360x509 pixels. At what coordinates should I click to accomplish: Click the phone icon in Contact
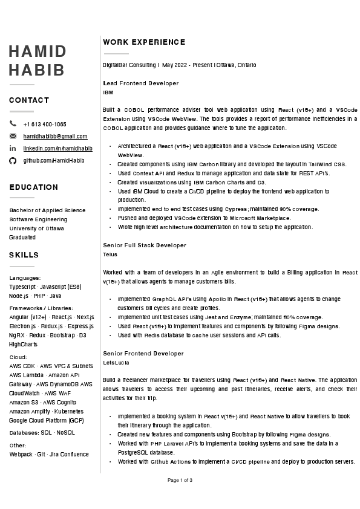pos(13,124)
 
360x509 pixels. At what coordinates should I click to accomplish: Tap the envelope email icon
pos(13,136)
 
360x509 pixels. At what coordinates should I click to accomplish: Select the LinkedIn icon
pos(13,148)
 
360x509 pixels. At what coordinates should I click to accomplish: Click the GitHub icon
pos(13,160)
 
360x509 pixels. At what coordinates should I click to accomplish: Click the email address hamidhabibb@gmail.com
pos(55,136)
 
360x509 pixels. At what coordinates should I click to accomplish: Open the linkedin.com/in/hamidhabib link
pos(57,148)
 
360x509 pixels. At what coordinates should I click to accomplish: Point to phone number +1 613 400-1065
pos(45,124)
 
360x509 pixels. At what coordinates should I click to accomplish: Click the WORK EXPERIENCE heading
pos(144,42)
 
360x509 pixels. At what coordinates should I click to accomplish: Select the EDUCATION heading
pos(34,187)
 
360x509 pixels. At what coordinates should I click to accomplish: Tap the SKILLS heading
pos(24,255)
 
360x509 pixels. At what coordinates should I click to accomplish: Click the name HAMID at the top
pos(38,51)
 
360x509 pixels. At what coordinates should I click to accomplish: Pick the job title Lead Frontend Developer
pos(141,83)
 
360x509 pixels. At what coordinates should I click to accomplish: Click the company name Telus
pos(110,254)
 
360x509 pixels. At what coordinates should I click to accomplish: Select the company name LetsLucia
pos(116,363)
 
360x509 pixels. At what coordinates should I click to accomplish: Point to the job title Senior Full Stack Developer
pos(145,245)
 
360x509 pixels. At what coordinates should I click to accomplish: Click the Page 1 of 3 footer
pos(180,480)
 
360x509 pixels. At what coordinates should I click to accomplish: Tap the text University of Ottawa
pos(36,229)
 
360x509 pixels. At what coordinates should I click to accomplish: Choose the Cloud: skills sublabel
pos(18,357)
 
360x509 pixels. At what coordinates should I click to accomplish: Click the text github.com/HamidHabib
pos(54,160)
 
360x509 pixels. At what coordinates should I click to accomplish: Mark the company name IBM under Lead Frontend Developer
pos(108,92)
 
